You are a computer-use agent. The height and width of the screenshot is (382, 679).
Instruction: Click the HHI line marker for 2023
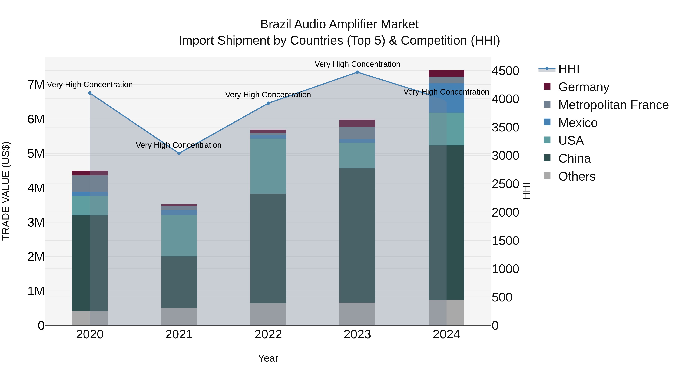(357, 72)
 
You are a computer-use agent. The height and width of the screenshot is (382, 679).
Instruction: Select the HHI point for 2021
(179, 153)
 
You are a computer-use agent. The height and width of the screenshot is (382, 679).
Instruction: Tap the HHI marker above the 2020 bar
(90, 93)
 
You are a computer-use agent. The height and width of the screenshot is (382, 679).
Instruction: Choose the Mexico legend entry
(578, 123)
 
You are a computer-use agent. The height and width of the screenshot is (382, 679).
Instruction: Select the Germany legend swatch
(547, 86)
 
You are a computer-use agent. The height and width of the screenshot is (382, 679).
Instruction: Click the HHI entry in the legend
(568, 69)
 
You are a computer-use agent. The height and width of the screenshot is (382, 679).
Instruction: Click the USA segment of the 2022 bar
(268, 166)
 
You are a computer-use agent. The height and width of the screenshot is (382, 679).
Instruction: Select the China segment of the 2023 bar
(357, 235)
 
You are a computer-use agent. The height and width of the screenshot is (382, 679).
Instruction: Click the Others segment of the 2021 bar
(179, 316)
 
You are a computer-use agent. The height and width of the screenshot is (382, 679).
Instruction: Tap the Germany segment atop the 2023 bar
(357, 123)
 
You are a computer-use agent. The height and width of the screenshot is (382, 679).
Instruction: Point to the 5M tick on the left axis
(36, 154)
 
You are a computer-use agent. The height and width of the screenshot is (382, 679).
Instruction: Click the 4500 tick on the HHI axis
(505, 71)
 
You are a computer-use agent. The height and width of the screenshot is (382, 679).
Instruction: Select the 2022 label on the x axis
(268, 334)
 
